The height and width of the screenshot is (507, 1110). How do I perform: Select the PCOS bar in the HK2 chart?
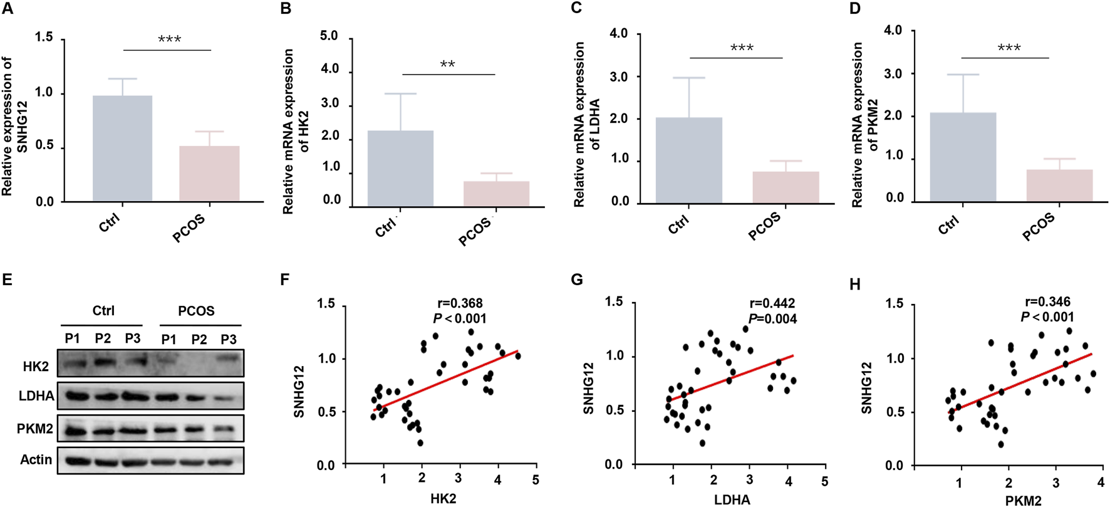coord(496,194)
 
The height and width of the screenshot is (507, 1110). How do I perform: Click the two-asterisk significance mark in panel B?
coord(447,65)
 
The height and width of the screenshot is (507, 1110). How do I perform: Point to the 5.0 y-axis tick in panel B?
coord(329,36)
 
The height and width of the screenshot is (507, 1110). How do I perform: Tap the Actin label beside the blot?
coord(36,460)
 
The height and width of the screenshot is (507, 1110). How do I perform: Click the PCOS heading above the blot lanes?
coord(196,311)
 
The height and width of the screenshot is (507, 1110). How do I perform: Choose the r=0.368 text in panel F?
coord(459,304)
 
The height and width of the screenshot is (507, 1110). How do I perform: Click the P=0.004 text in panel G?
coord(772,319)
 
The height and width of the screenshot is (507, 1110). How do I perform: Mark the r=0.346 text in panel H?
coord(1047,302)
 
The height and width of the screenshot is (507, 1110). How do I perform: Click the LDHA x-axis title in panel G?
coord(732,499)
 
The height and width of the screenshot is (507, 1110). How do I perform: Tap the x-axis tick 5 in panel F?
coord(535,479)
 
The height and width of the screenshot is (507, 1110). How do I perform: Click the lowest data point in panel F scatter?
coord(420,442)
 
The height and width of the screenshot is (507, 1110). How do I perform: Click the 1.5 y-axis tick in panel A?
coord(44,37)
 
